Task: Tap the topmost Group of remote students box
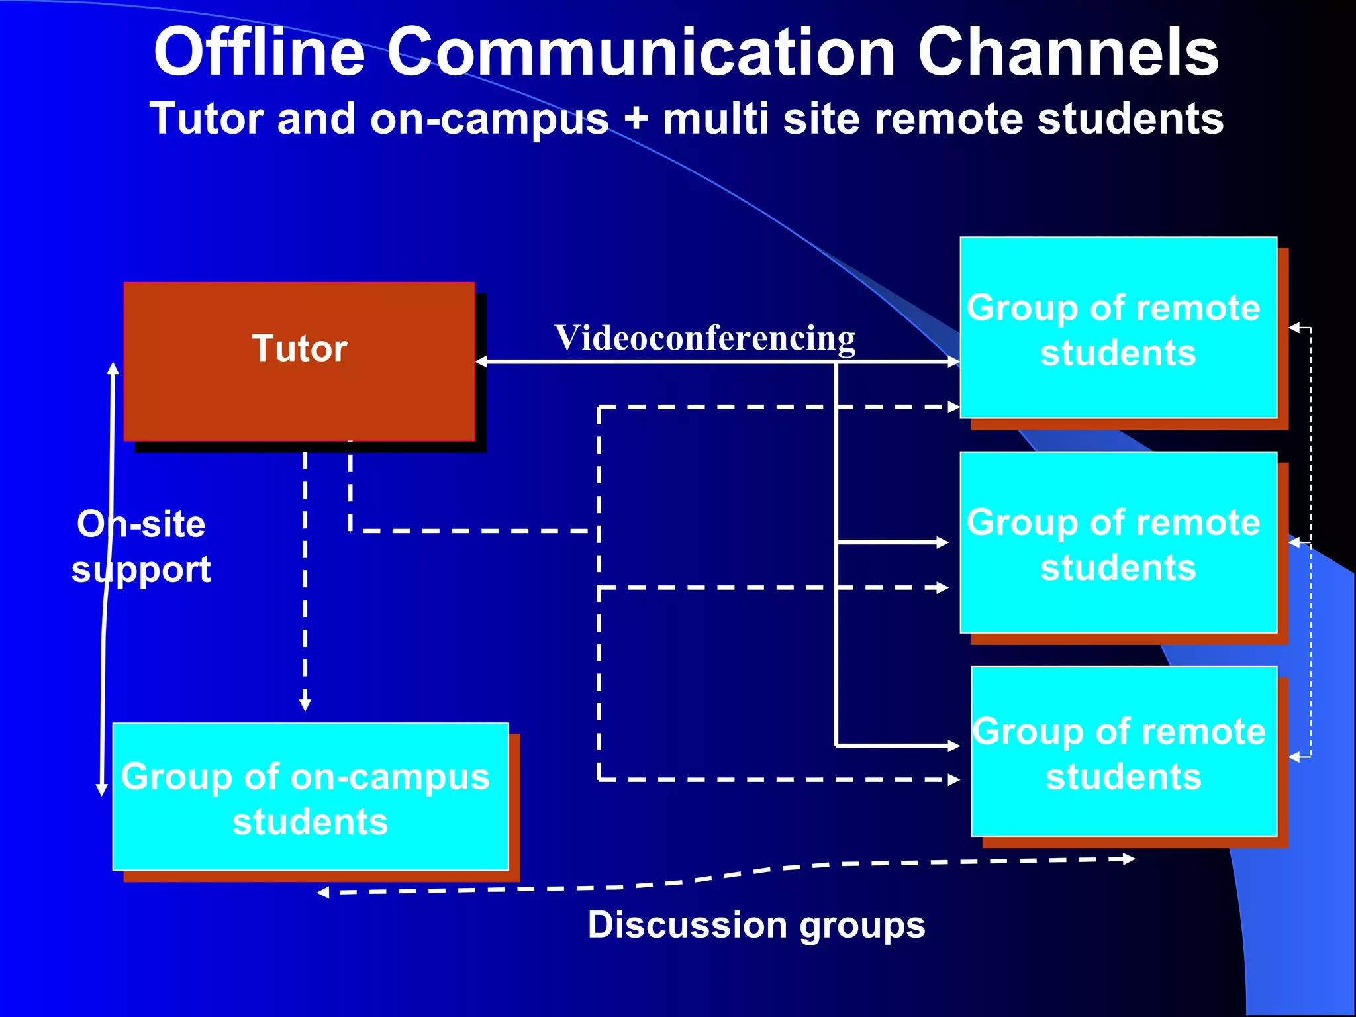(x=1118, y=328)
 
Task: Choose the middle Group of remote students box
(x=1118, y=542)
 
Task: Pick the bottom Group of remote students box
(x=1124, y=751)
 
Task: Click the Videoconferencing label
(x=704, y=338)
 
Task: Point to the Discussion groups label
(x=756, y=924)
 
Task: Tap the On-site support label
(x=141, y=546)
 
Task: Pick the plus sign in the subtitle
(x=636, y=120)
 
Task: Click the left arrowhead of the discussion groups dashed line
(x=323, y=893)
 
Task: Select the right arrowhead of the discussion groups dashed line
(x=1130, y=859)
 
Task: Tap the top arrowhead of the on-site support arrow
(x=113, y=368)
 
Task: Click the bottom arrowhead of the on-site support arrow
(x=102, y=789)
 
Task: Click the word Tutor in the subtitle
(x=207, y=119)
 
